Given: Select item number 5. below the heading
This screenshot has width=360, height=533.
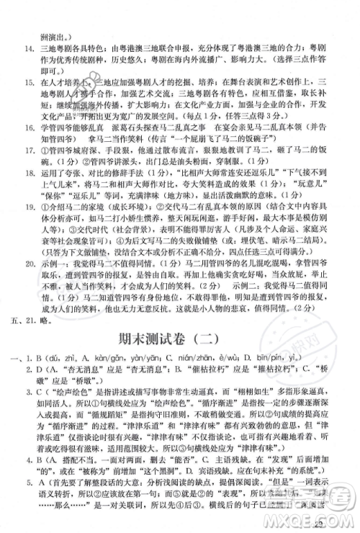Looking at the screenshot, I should (x=30, y=503).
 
